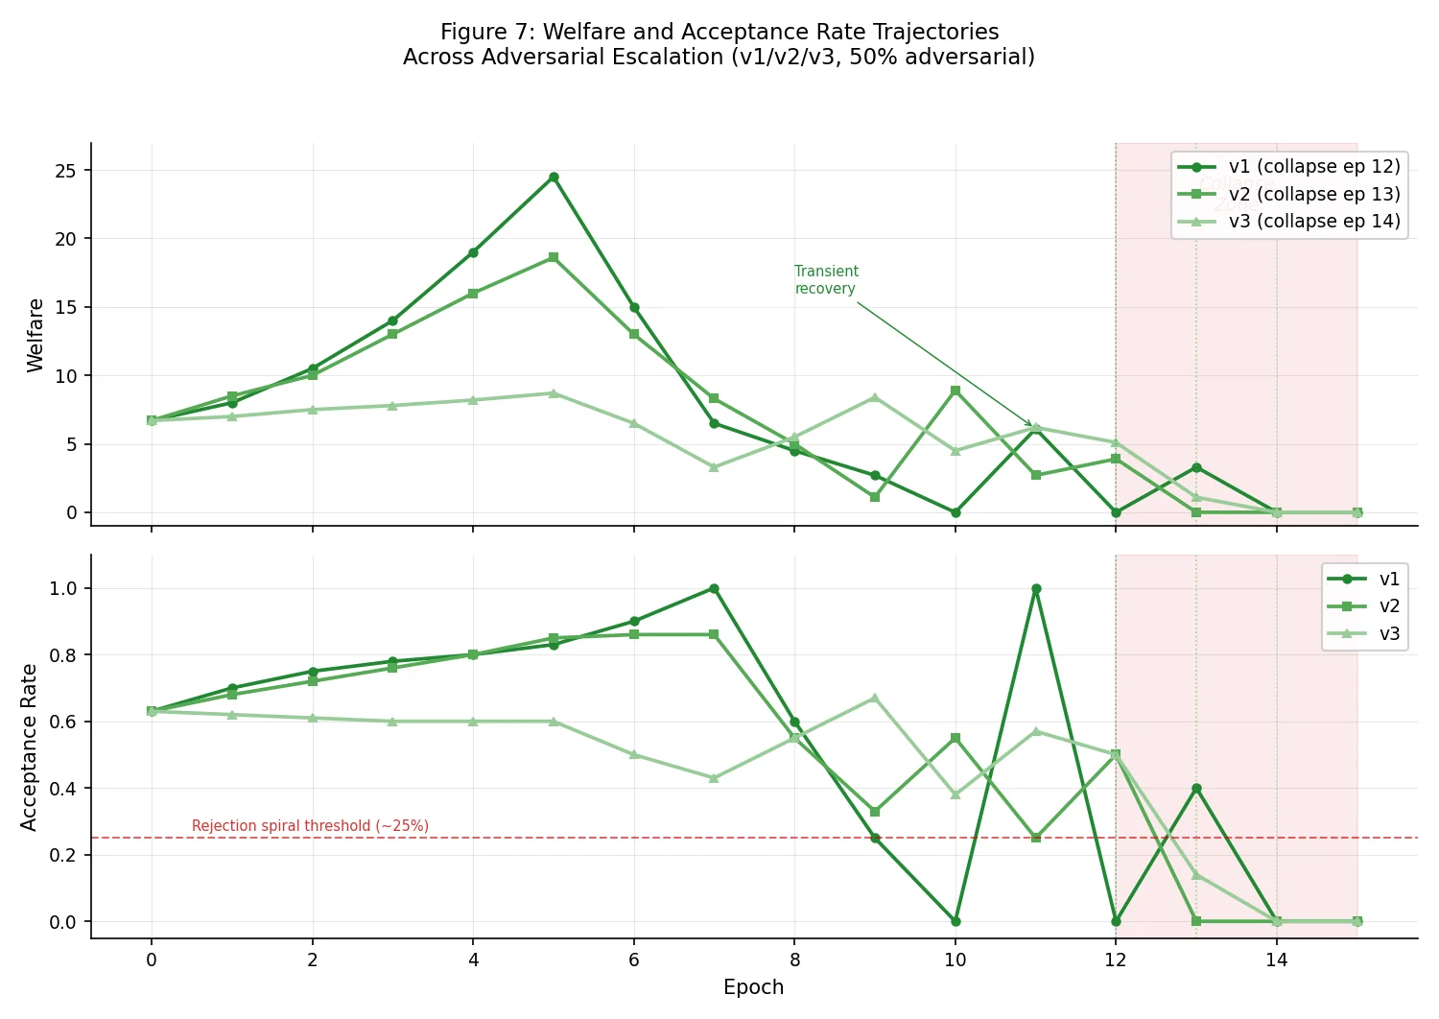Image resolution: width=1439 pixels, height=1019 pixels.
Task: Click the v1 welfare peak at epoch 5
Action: tap(554, 177)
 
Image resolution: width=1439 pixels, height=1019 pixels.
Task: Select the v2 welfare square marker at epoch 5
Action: tap(554, 257)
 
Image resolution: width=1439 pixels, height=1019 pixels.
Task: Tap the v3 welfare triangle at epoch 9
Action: tap(875, 397)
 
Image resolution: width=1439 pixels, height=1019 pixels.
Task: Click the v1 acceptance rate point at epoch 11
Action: tap(1036, 588)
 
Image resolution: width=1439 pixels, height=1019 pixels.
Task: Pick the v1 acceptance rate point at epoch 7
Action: tap(714, 588)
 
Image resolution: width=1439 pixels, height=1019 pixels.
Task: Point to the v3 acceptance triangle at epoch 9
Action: tap(875, 698)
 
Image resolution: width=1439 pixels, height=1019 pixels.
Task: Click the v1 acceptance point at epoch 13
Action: tap(1196, 789)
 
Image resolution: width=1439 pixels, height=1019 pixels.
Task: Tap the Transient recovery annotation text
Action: tap(826, 280)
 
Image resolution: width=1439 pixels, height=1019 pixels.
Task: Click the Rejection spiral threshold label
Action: tap(310, 826)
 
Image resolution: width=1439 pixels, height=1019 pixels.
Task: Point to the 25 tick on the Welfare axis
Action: tap(65, 171)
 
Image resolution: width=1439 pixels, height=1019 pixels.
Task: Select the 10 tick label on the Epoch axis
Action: tap(955, 960)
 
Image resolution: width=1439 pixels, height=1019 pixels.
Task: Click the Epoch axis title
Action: tap(753, 987)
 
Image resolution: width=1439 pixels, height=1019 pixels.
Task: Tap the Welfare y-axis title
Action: tap(35, 335)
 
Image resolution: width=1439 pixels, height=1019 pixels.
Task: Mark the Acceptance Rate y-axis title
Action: tap(29, 746)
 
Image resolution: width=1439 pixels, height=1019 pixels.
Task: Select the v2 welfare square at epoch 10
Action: tap(955, 391)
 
